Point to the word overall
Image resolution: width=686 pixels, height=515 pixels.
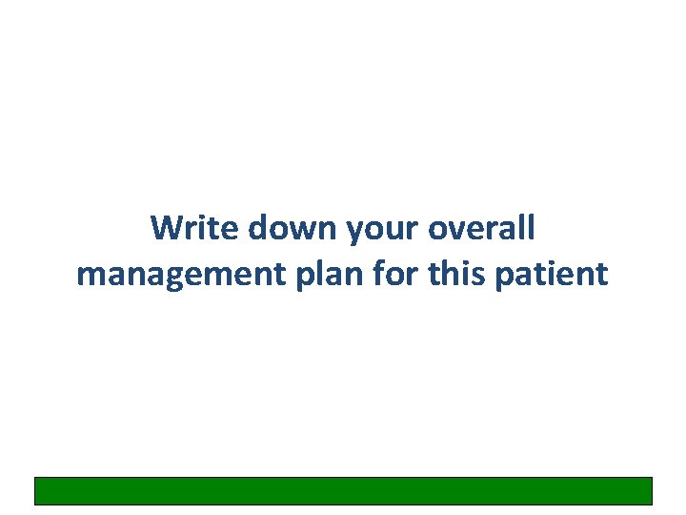click(x=481, y=228)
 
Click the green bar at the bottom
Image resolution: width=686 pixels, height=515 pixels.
click(x=343, y=490)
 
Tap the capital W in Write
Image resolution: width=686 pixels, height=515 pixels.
click(x=166, y=228)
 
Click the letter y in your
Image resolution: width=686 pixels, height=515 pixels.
click(x=356, y=232)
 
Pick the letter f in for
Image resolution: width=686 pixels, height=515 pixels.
click(x=359, y=273)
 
